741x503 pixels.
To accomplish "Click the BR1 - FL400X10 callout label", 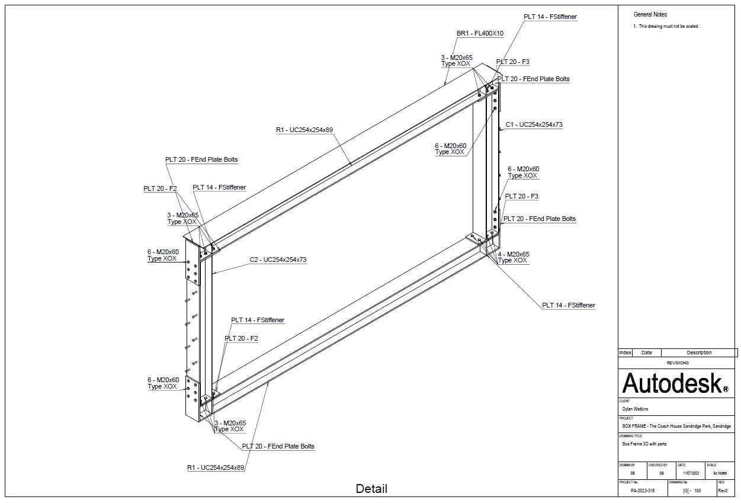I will click(x=480, y=34).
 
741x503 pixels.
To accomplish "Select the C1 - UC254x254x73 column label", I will click(x=534, y=125).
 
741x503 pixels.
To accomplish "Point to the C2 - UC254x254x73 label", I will click(x=278, y=259).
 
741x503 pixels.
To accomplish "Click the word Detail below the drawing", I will click(x=371, y=489).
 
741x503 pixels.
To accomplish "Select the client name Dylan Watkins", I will click(x=636, y=409).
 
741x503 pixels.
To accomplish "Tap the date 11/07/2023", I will click(x=690, y=473).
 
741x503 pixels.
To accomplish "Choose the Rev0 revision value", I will click(x=723, y=491).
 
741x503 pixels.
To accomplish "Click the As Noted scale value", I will click(x=720, y=473).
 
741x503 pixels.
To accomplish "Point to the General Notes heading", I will click(x=650, y=14).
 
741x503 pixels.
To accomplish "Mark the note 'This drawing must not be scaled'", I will click(x=668, y=27).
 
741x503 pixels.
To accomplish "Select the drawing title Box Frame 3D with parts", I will click(x=644, y=443).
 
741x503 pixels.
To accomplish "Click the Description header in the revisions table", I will click(x=699, y=353).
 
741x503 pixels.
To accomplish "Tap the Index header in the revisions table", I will click(x=625, y=353).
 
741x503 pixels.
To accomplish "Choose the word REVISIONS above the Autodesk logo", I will click(x=678, y=363).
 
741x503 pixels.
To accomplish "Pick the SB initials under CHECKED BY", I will click(x=662, y=473).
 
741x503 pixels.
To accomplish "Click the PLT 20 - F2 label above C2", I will click(x=160, y=189).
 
